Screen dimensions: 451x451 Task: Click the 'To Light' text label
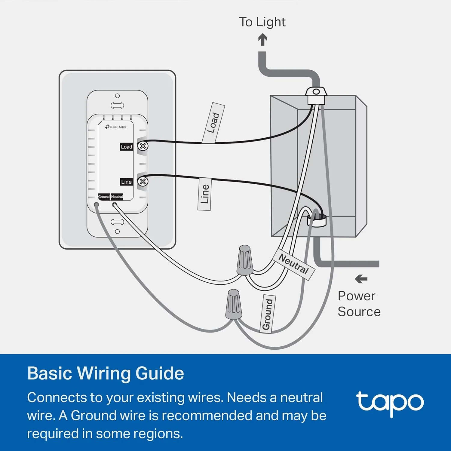click(262, 22)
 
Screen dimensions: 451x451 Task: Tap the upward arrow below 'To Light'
click(263, 39)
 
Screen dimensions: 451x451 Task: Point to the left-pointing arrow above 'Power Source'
click(361, 279)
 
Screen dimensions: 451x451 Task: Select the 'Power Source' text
click(359, 304)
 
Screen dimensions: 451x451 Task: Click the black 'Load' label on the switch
click(127, 147)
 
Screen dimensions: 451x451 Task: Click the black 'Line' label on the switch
click(127, 182)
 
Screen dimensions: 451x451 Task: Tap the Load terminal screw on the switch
click(143, 146)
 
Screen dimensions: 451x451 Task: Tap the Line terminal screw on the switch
click(143, 182)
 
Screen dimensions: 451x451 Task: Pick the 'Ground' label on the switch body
click(104, 197)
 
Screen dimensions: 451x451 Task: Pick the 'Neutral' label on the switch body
click(117, 197)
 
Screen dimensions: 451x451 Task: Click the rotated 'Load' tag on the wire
click(213, 123)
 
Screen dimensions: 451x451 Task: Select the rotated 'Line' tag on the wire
click(204, 194)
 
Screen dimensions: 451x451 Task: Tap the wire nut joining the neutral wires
click(245, 260)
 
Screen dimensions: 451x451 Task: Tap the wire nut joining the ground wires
click(234, 304)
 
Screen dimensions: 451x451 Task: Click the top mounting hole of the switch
click(117, 96)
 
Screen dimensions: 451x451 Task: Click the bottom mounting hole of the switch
click(117, 232)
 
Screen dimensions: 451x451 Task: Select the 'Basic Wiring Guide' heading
click(106, 373)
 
